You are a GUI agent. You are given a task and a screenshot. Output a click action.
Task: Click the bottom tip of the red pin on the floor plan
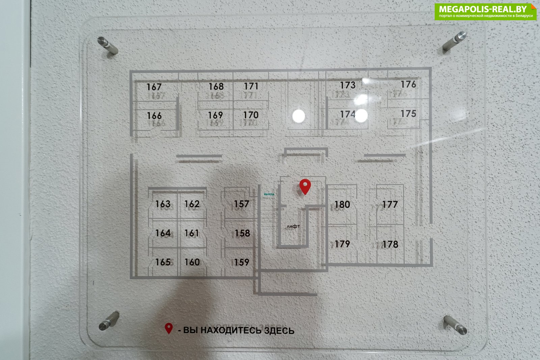tap(305, 195)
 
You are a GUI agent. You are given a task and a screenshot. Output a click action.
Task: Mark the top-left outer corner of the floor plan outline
tap(130, 71)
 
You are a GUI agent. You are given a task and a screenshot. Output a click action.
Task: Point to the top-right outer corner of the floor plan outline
tap(431, 68)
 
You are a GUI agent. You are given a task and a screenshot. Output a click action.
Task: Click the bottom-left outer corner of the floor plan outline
tap(130, 279)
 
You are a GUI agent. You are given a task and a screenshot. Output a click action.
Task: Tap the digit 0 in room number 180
tap(347, 205)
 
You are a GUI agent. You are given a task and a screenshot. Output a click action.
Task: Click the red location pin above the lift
tap(305, 187)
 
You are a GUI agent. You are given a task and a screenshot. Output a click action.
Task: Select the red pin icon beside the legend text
tap(169, 329)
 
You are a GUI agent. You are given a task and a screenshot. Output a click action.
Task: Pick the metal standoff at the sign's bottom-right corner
tap(455, 325)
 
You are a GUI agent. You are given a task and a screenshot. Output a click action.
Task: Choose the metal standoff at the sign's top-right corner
tap(455, 41)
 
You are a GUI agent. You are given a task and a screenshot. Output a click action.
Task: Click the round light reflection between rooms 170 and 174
tap(298, 116)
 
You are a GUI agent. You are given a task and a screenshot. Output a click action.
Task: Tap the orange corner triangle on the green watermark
tap(534, 6)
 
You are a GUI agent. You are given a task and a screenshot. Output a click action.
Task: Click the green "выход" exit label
tap(269, 194)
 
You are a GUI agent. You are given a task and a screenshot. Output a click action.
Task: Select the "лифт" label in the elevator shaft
tap(293, 226)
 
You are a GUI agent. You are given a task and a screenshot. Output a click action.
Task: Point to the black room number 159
tap(242, 262)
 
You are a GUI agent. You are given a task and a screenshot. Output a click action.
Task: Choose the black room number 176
tap(408, 84)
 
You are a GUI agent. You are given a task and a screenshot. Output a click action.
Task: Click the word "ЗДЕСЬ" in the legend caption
tap(279, 331)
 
